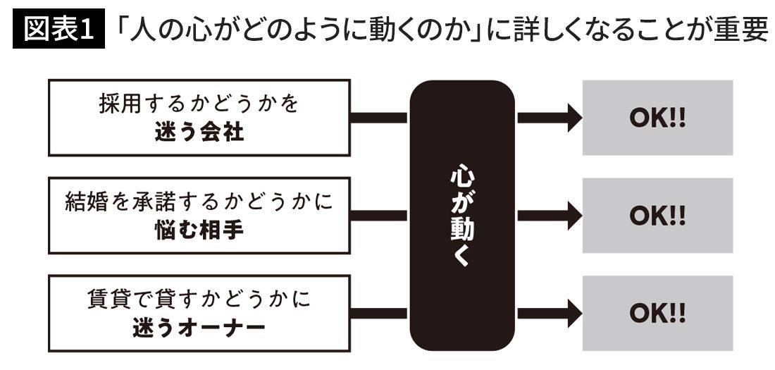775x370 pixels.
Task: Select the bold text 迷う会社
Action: [x=199, y=132]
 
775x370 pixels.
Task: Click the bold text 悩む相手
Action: [x=199, y=230]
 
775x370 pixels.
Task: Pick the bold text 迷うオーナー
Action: [x=199, y=328]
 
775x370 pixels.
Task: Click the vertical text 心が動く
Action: [x=461, y=216]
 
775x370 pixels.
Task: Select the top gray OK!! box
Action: [x=657, y=118]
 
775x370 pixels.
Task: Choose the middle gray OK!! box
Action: [x=657, y=216]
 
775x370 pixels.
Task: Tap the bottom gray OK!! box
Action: [x=657, y=313]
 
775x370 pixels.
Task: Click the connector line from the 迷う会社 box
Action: [x=379, y=118]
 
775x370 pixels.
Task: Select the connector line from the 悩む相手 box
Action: [x=379, y=216]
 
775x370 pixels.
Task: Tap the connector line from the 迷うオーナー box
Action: [x=379, y=313]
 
